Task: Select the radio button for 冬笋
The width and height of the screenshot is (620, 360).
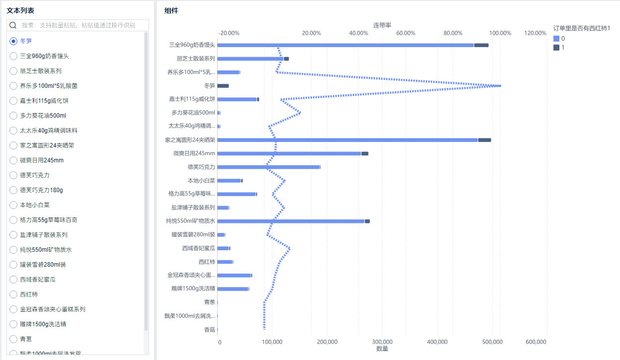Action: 13,41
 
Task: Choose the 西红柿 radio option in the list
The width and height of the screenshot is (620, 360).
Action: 13,294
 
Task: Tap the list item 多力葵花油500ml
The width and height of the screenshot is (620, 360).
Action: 43,116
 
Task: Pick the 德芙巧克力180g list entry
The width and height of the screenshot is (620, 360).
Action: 41,190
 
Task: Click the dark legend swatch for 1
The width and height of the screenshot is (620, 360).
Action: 556,48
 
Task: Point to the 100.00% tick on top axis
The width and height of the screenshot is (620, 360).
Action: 500,33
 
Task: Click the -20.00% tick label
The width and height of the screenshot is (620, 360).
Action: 229,33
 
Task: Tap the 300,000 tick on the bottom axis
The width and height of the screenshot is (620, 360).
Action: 382,342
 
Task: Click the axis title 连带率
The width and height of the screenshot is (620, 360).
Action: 382,25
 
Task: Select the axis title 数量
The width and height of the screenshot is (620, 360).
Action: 382,349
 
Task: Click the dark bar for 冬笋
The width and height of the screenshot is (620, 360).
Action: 223,86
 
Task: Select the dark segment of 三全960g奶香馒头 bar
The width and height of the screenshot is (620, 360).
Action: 481,45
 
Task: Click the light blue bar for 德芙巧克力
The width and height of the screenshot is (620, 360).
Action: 268,167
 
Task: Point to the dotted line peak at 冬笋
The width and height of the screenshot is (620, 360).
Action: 500,86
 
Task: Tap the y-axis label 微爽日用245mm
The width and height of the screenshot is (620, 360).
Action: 194,153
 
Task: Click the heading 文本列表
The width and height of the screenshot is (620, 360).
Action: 20,10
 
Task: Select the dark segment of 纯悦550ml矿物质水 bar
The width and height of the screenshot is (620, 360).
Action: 367,221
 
